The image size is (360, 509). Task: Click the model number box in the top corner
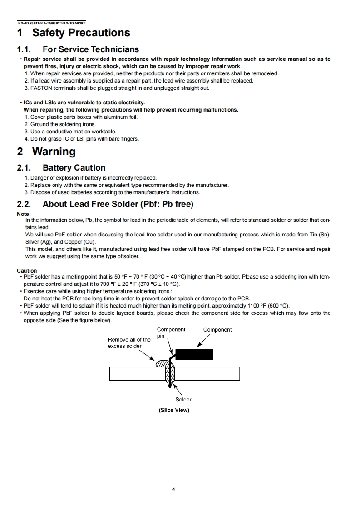click(x=51, y=23)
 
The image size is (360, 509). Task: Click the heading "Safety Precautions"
click(x=81, y=33)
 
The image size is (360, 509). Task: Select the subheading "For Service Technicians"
click(x=91, y=49)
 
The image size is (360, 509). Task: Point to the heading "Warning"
click(x=54, y=152)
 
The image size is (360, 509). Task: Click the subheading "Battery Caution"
click(x=74, y=168)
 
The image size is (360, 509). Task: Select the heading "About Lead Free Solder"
click(x=118, y=204)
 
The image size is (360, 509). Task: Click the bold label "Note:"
click(x=24, y=214)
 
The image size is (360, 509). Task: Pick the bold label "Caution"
click(x=27, y=271)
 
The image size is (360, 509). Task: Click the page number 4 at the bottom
click(x=173, y=489)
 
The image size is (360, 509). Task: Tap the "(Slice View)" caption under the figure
click(x=174, y=410)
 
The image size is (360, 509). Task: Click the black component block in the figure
click(x=194, y=354)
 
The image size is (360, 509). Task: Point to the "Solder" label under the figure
click(x=183, y=400)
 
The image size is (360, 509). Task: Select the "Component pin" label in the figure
click(x=171, y=333)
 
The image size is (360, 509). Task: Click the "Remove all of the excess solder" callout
click(x=129, y=343)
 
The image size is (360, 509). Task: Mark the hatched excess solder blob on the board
click(x=162, y=363)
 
